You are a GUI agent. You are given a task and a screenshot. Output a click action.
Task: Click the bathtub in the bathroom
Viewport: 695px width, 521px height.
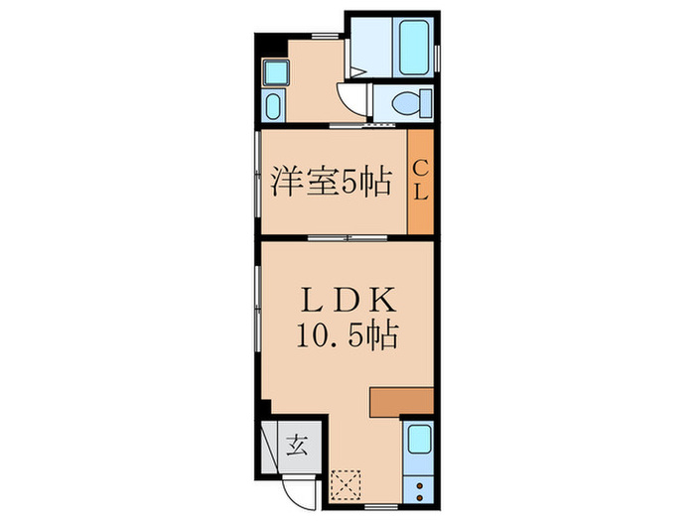pyautogui.click(x=413, y=45)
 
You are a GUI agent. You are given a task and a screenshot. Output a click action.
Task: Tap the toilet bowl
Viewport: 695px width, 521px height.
pyautogui.click(x=408, y=101)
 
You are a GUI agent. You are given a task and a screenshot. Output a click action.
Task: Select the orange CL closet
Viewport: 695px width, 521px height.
pyautogui.click(x=421, y=181)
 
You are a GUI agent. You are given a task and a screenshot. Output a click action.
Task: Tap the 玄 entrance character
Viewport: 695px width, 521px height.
pyautogui.click(x=298, y=444)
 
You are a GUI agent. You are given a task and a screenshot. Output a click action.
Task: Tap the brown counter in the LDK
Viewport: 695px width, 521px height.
pyautogui.click(x=401, y=400)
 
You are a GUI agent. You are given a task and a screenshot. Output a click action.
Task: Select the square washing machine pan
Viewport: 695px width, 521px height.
pyautogui.click(x=274, y=70)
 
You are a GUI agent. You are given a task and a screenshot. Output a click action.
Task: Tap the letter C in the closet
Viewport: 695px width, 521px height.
pyautogui.click(x=421, y=166)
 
